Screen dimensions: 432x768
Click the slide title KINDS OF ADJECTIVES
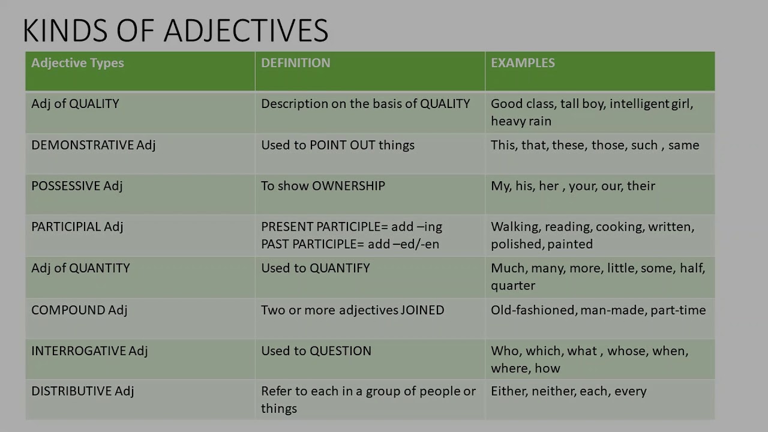pyautogui.click(x=175, y=31)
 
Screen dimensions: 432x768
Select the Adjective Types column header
pyautogui.click(x=77, y=63)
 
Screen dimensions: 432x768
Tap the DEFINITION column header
pyautogui.click(x=295, y=63)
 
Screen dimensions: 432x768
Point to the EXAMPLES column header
pyautogui.click(x=523, y=63)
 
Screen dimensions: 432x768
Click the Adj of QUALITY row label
pyautogui.click(x=75, y=104)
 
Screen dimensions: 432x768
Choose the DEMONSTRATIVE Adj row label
pyautogui.click(x=93, y=145)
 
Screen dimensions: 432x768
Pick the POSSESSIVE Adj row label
pyautogui.click(x=77, y=186)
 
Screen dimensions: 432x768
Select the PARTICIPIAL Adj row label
pyautogui.click(x=77, y=227)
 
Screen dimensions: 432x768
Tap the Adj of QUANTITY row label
pyautogui.click(x=80, y=268)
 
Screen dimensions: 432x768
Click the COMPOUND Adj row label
pyautogui.click(x=79, y=310)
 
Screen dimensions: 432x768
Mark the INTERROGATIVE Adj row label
pyautogui.click(x=89, y=351)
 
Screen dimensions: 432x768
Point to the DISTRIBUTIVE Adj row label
pyautogui.click(x=82, y=391)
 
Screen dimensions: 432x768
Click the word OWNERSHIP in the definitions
pyautogui.click(x=349, y=186)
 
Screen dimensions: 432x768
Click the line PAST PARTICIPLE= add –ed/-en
pyautogui.click(x=350, y=244)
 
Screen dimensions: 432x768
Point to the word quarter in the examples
pyautogui.click(x=513, y=286)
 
